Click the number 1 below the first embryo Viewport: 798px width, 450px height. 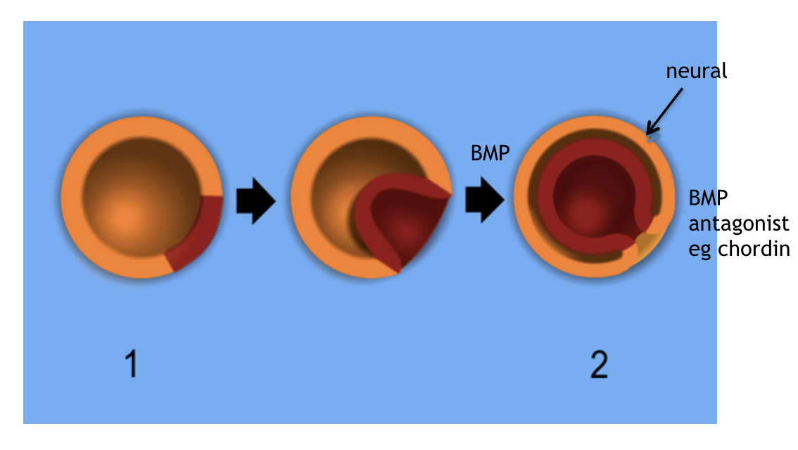[x=131, y=366]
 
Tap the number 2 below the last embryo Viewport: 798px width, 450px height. [x=598, y=366]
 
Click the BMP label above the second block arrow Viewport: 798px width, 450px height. [x=490, y=153]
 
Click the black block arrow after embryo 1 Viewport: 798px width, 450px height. [x=254, y=201]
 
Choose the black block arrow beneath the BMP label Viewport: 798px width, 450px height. [x=484, y=200]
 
